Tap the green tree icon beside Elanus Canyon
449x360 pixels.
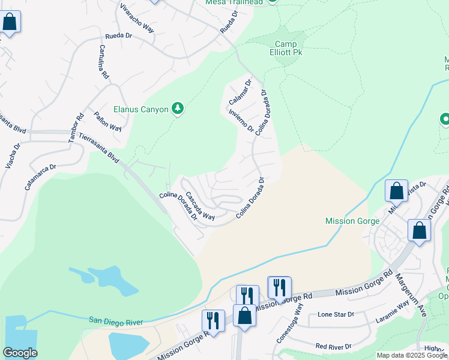coord(177,109)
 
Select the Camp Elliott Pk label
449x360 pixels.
coord(289,48)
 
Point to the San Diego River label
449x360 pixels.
coord(115,322)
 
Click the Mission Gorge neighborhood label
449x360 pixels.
coord(352,221)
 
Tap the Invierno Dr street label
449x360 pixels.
coord(240,119)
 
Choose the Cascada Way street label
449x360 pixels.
coord(199,206)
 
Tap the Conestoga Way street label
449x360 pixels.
coord(300,318)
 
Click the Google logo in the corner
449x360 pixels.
coord(19,353)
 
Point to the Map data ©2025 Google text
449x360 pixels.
coord(411,355)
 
